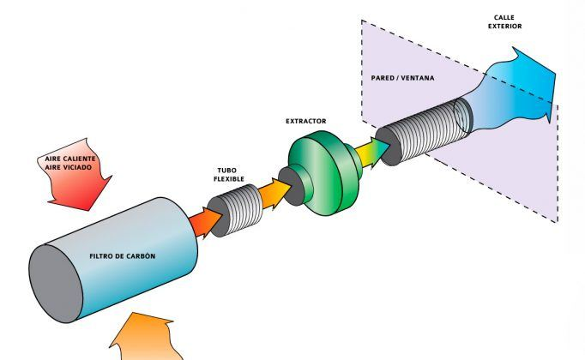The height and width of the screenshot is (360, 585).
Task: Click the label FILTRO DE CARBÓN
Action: click(123, 256)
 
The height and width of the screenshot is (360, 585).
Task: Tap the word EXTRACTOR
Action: click(306, 121)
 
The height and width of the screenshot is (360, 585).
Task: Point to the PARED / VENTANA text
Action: click(402, 78)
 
